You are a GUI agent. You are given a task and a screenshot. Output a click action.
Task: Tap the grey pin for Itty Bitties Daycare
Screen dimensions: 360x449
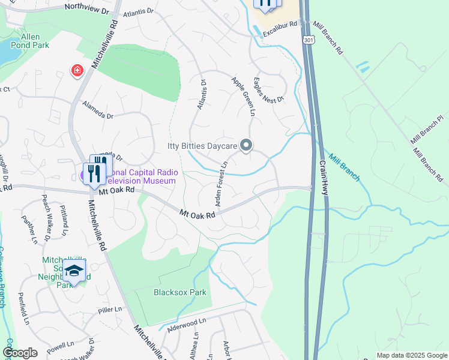point(246,145)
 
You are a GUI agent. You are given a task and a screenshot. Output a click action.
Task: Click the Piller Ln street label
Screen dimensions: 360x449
point(110,310)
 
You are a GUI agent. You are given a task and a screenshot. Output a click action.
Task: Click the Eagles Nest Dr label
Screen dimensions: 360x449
point(268,91)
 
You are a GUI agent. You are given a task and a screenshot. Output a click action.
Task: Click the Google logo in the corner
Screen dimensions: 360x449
point(20,353)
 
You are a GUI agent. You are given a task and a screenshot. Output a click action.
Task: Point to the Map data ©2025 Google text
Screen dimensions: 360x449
point(411,355)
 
